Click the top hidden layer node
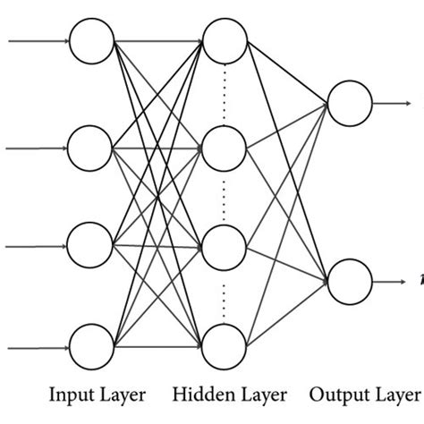224,41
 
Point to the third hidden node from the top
224,244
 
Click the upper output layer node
349,102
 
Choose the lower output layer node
349,280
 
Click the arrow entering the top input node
36,41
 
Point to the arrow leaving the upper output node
392,102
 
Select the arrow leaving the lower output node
392,280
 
